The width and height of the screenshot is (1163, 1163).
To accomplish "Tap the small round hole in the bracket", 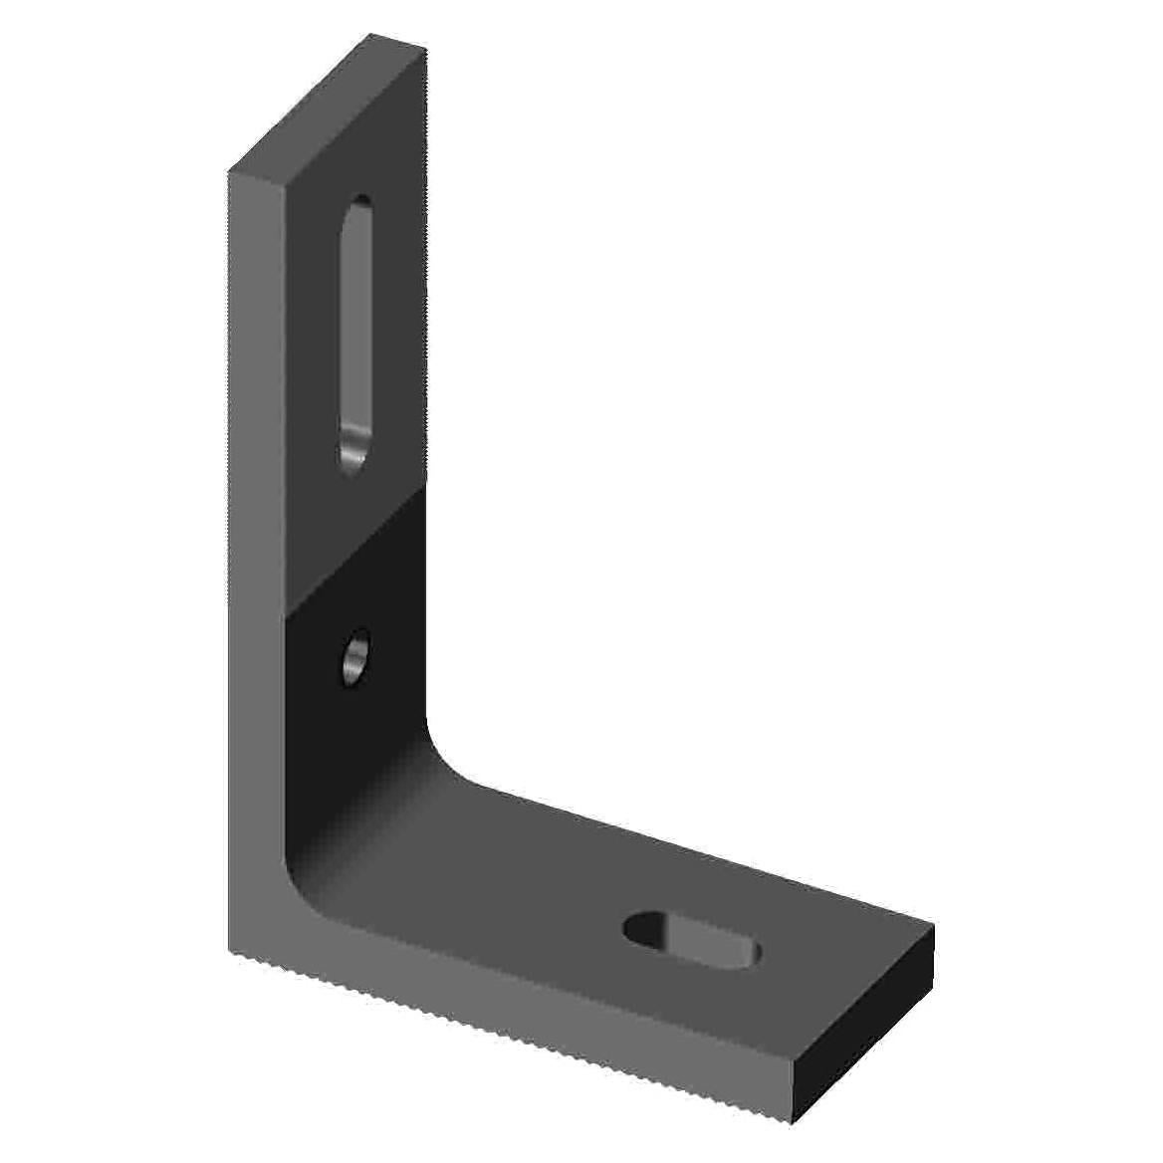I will coord(354,657).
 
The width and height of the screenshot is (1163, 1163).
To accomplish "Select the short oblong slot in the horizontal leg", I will coord(692,939).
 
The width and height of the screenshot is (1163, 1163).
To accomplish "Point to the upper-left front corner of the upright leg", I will coord(230,173).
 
